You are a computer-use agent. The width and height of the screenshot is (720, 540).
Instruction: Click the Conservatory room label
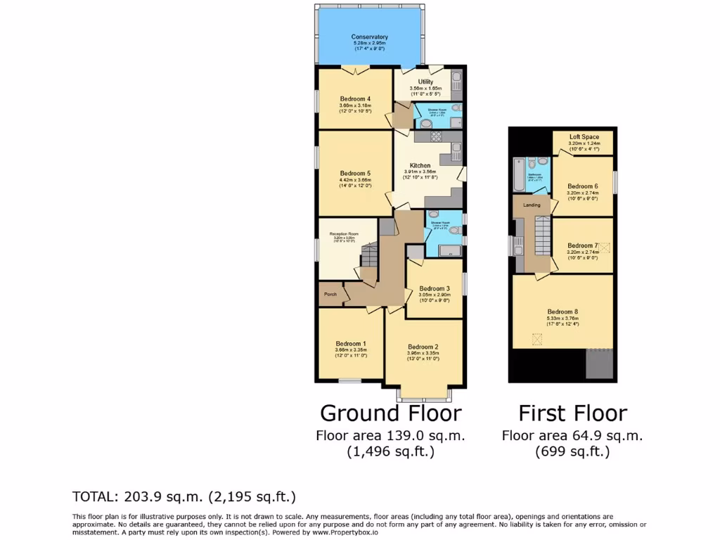point(370,37)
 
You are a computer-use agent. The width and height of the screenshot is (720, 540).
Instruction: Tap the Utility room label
point(425,82)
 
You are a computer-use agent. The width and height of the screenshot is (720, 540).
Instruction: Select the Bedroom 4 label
point(355,98)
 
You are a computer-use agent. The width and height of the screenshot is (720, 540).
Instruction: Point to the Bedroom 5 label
point(355,173)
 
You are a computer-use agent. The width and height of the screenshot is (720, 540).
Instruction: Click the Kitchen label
point(420,165)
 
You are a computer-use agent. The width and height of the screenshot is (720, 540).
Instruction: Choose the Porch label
point(330,295)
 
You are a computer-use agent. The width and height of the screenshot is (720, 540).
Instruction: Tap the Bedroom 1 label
point(350,344)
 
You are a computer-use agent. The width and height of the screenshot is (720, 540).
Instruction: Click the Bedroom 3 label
point(434,288)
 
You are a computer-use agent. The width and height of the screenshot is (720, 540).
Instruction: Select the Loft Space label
point(584,136)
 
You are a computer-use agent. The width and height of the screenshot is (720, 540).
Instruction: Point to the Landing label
point(532,205)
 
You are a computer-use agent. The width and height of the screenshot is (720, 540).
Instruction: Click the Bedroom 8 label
point(562,311)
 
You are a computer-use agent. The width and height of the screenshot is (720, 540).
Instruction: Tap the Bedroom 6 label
point(582,186)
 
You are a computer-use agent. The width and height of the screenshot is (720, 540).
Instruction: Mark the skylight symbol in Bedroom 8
point(538,340)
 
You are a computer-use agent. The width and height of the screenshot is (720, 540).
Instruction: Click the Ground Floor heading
point(391,413)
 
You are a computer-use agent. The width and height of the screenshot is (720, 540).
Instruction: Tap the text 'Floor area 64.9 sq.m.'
point(572,436)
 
